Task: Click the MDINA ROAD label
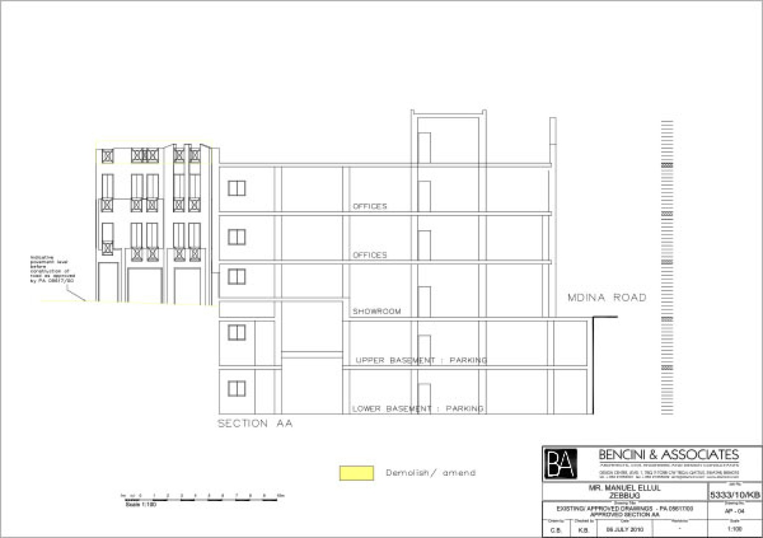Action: coord(607,298)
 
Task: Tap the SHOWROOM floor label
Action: coord(377,311)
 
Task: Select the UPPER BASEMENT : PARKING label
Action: coord(421,360)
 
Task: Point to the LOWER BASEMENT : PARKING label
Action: coord(418,409)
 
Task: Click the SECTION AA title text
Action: coord(255,424)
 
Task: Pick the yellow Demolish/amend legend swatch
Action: coord(356,473)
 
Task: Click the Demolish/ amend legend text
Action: coord(431,473)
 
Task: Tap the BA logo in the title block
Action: coord(561,464)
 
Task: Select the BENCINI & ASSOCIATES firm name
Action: coord(668,454)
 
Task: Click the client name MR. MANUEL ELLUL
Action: coord(624,488)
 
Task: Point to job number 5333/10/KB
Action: coord(735,495)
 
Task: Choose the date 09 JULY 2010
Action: coord(624,530)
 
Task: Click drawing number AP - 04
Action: coord(735,511)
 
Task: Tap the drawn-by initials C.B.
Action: coord(556,530)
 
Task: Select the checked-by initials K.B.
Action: coord(584,530)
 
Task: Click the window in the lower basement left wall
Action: coord(237,389)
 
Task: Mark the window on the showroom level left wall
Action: coord(237,276)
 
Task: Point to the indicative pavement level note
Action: coord(52,269)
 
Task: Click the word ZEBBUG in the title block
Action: coord(624,496)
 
